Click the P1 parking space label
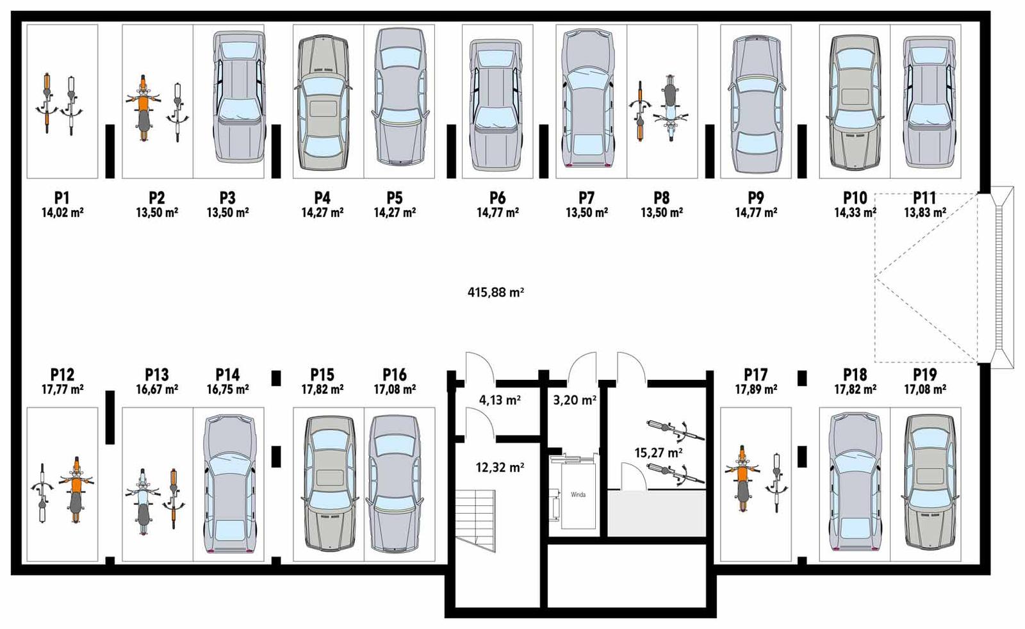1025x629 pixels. click(61, 198)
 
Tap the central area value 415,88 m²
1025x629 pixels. click(495, 293)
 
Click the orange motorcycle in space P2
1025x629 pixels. click(143, 108)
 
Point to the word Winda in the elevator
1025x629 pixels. click(578, 494)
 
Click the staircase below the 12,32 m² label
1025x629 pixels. click(475, 519)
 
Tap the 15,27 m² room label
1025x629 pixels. click(658, 453)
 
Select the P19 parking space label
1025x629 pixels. click(924, 375)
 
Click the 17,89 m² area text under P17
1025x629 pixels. click(756, 389)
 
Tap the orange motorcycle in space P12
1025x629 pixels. click(76, 490)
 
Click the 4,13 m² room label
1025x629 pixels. click(500, 401)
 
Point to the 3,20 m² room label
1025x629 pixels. click(575, 401)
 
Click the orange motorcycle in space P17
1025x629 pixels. click(742, 477)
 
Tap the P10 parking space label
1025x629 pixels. click(855, 198)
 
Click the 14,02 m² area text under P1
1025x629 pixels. click(62, 213)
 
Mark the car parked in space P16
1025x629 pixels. click(394, 484)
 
